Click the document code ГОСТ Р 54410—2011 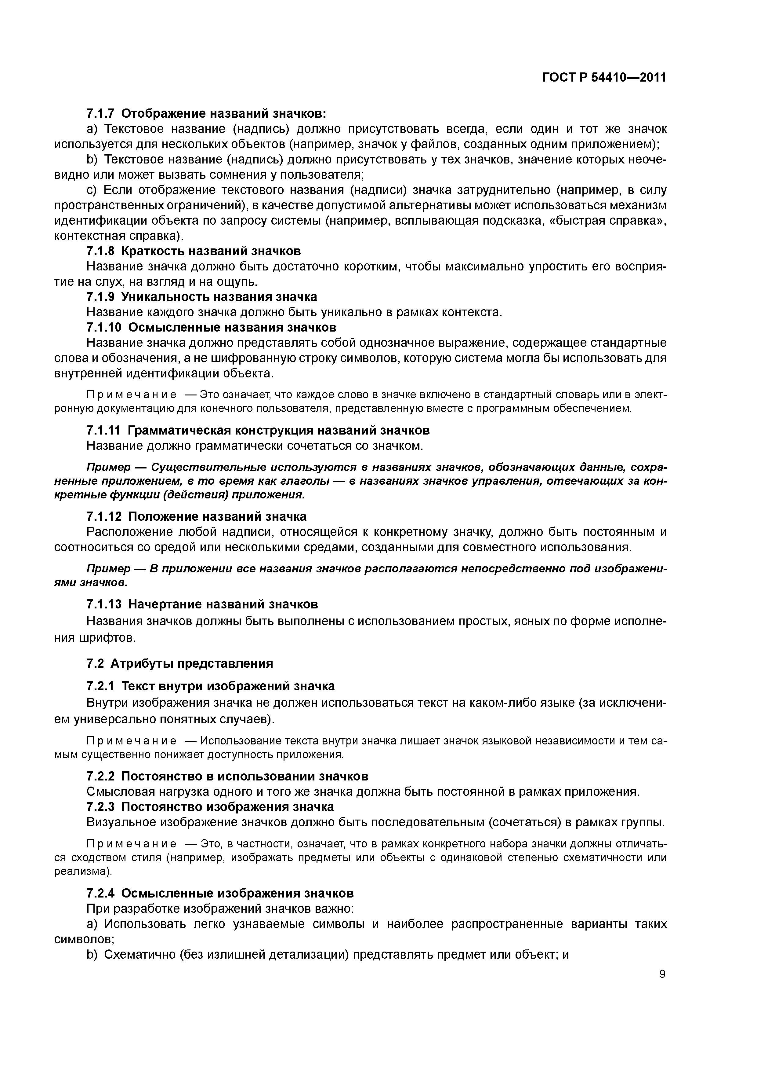[x=604, y=78]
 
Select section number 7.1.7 [x=101, y=113]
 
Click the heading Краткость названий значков [x=211, y=251]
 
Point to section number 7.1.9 [x=101, y=297]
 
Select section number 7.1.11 [x=104, y=430]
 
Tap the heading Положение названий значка [x=217, y=516]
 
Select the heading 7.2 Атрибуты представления [x=179, y=663]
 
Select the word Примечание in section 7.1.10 [x=132, y=395]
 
